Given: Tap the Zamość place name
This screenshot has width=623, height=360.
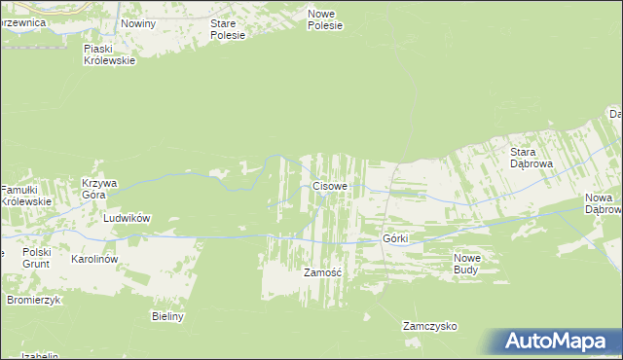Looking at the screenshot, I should pyautogui.click(x=322, y=273).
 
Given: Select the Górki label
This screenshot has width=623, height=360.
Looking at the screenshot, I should pyautogui.click(x=394, y=238).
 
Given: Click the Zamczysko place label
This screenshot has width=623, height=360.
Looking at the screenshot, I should pyautogui.click(x=430, y=327).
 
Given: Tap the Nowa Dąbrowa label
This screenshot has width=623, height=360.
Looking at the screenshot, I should pyautogui.click(x=604, y=203).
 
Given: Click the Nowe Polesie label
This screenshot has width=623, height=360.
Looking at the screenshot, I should pyautogui.click(x=326, y=19).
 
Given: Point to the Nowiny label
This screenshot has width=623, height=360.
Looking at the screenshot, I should pyautogui.click(x=137, y=21).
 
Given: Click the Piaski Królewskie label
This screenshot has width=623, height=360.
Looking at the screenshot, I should pyautogui.click(x=109, y=54).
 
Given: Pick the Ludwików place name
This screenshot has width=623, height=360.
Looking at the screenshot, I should pyautogui.click(x=127, y=219).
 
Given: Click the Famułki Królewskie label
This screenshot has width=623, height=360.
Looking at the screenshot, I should pyautogui.click(x=25, y=195).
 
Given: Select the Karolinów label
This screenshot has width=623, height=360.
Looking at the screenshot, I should pyautogui.click(x=94, y=260).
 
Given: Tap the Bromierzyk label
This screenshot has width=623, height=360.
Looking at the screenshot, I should pyautogui.click(x=34, y=300).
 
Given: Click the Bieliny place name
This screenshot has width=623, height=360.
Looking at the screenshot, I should pyautogui.click(x=167, y=316).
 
